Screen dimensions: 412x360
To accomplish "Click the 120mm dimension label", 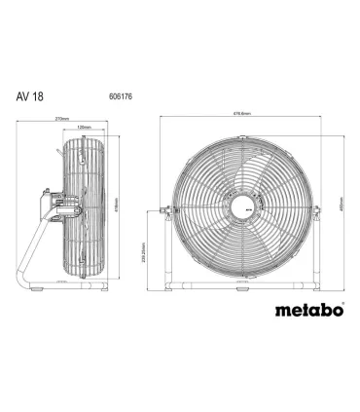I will (x=84, y=129).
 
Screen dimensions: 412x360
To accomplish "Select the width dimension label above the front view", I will (x=241, y=114).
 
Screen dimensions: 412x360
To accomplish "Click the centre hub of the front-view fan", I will (x=241, y=207).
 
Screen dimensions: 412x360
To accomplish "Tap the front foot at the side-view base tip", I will (x=101, y=285).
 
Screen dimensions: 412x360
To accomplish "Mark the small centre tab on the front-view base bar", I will (x=241, y=286).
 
